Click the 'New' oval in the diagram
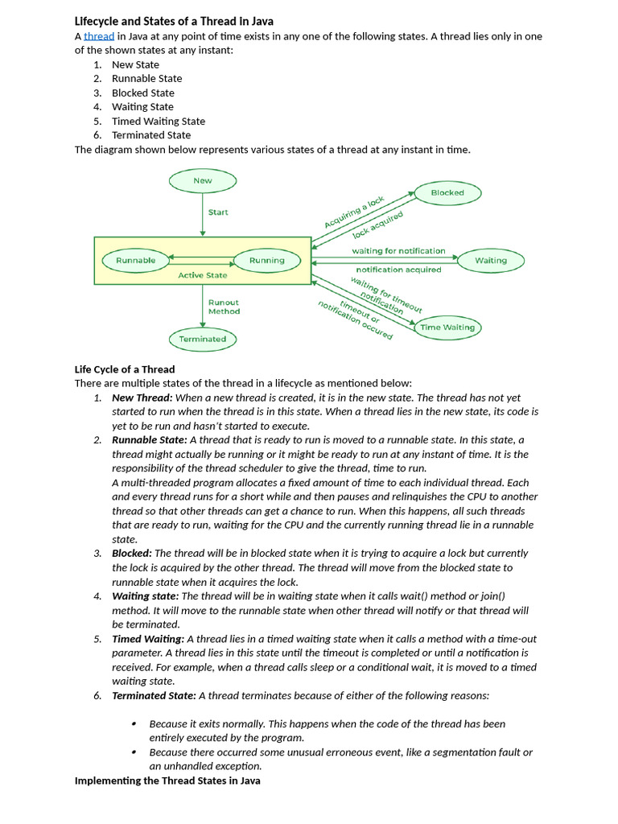[203, 180]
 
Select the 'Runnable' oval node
[135, 260]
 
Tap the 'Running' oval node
[266, 260]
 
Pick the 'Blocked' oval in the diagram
[447, 193]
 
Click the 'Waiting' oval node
[491, 260]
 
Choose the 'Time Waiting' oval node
[447, 328]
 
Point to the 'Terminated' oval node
[203, 339]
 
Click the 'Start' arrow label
[218, 212]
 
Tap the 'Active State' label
[203, 275]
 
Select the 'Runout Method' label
[224, 307]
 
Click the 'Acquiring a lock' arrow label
[354, 212]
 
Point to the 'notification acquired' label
[398, 270]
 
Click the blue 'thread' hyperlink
[99, 36]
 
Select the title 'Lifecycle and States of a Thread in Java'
[174, 21]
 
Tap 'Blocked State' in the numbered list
[142, 93]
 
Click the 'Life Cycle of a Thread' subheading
[125, 369]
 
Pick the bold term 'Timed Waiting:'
[147, 639]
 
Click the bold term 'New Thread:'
[142, 398]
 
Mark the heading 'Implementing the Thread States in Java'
[167, 781]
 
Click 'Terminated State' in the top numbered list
[151, 135]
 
